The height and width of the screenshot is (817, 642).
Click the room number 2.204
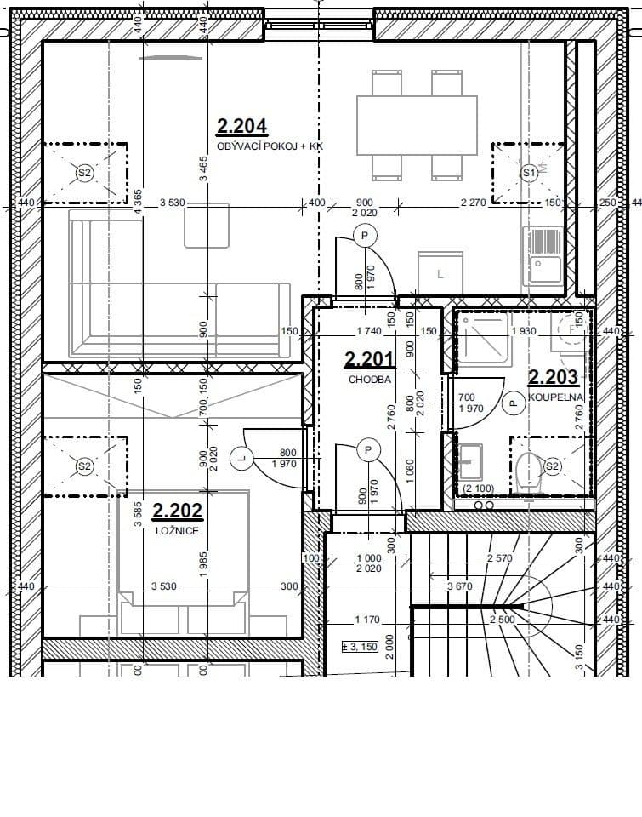tap(242, 127)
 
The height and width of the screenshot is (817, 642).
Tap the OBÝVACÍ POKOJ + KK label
tap(270, 146)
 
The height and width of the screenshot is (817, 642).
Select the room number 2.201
tap(369, 360)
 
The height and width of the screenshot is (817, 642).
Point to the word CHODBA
tap(370, 380)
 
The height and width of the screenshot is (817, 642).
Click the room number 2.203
tap(553, 376)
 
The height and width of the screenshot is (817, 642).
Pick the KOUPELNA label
tap(554, 396)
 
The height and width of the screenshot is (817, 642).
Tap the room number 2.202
tap(177, 511)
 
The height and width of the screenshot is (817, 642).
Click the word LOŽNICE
tap(177, 530)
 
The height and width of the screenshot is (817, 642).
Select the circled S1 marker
tap(528, 173)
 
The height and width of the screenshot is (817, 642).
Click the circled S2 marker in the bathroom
tap(552, 466)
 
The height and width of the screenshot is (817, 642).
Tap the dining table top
tap(417, 125)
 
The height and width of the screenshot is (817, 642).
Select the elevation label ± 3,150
tap(359, 645)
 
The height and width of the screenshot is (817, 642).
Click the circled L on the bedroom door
tap(242, 459)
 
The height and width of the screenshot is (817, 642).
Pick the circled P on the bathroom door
tap(513, 403)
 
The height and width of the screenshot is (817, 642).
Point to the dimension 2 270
tap(473, 202)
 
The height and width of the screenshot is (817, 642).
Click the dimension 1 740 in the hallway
tap(368, 331)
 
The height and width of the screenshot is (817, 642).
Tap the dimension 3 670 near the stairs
tap(460, 586)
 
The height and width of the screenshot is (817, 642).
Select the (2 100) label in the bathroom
tap(479, 488)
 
